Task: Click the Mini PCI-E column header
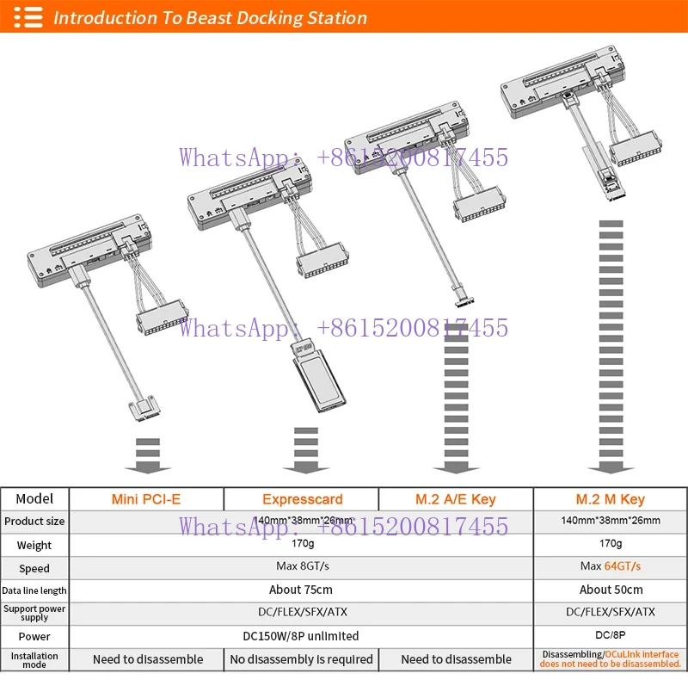point(146,499)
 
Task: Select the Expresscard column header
point(302,499)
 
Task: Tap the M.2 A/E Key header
point(456,499)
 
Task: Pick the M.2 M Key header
point(610,499)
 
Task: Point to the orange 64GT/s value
point(623,566)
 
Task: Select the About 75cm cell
point(301,590)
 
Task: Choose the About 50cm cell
point(610,590)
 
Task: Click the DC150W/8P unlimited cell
point(301,636)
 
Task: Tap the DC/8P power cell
point(610,636)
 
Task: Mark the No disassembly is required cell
point(302,659)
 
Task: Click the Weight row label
point(34,545)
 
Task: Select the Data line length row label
point(34,590)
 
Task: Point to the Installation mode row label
point(34,659)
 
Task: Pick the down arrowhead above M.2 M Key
point(611,467)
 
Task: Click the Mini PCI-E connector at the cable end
point(144,411)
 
